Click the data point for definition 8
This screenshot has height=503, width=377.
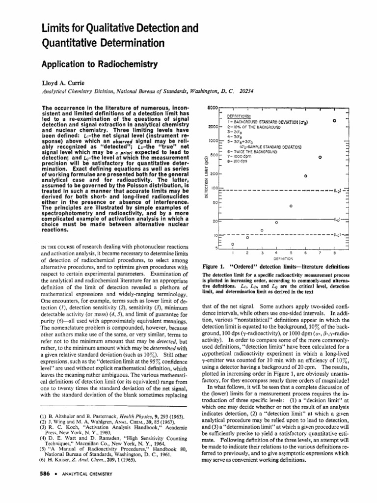coord(334,120)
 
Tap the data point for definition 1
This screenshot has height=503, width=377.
coord(232,244)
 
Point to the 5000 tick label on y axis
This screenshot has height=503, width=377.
coord(213,107)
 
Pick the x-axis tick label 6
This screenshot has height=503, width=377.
coord(305,252)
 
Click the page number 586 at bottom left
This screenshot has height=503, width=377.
coord(41,474)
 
